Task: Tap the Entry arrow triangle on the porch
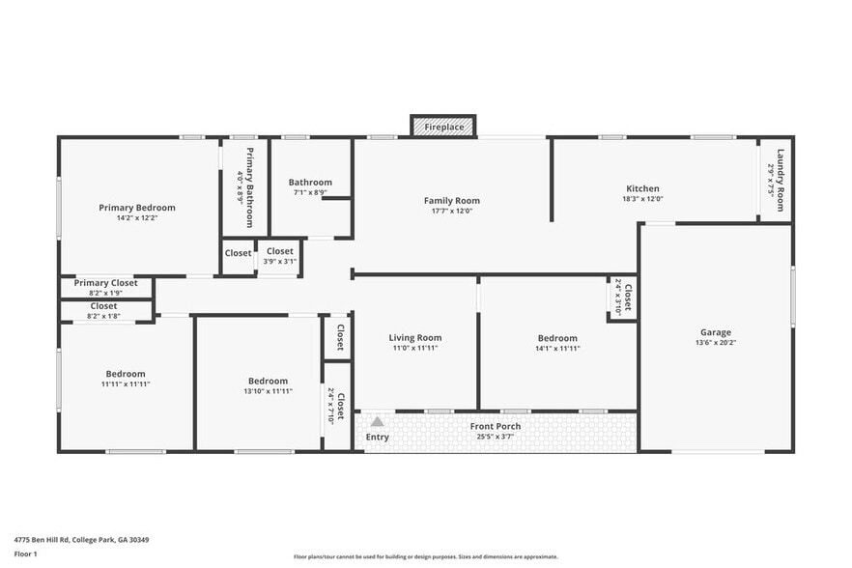point(378,422)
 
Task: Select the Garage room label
point(716,332)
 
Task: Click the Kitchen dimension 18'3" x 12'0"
point(643,199)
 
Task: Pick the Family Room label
point(452,201)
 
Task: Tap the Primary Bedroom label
point(137,208)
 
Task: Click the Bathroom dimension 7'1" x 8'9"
point(310,192)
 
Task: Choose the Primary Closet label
point(106,283)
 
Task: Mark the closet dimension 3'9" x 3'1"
point(280,261)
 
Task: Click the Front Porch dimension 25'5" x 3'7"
point(496,436)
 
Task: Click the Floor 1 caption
point(26,554)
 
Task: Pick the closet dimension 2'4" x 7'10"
point(331,406)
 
